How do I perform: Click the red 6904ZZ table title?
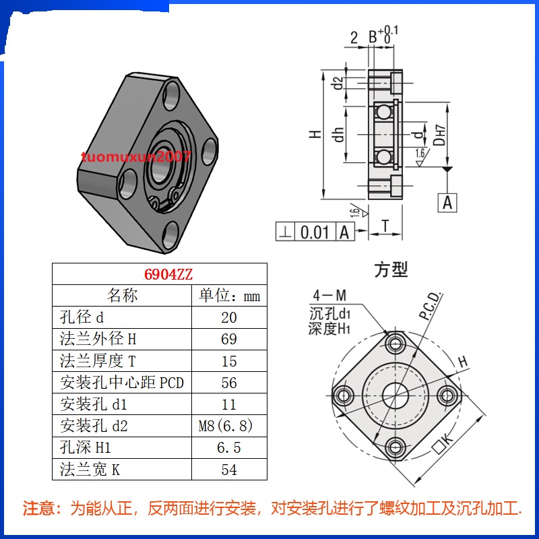160,274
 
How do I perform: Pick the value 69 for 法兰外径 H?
229,340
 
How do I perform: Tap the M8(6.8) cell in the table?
229,426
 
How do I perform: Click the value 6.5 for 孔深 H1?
229,447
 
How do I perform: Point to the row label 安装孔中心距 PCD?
122,383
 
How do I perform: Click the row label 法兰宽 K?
90,469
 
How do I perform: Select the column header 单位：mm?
229,296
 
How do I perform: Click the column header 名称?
122,296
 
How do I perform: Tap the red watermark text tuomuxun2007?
135,157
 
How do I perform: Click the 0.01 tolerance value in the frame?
314,232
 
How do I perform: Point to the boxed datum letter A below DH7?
448,201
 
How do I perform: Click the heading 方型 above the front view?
391,270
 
